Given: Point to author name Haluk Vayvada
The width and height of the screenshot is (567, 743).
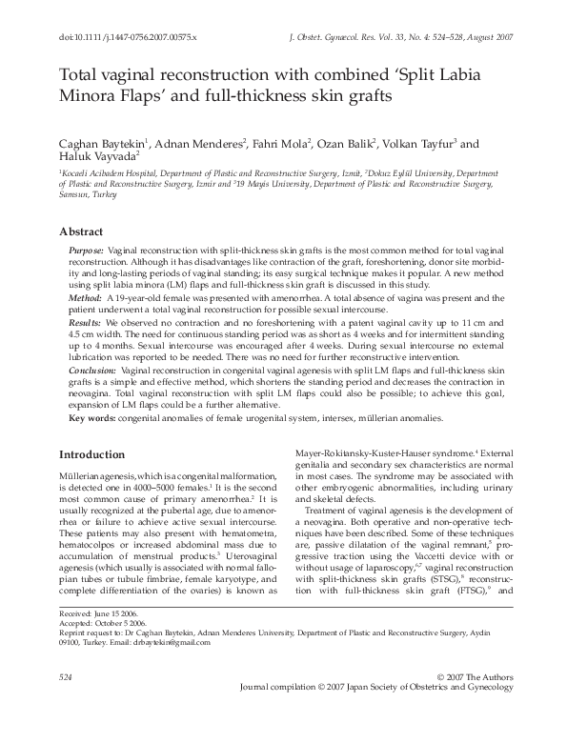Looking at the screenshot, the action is click(98, 157).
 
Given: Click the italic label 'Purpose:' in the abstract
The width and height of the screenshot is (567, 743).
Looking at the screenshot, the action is click(86, 249).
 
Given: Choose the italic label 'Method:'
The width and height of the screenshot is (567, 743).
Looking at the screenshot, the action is click(85, 298).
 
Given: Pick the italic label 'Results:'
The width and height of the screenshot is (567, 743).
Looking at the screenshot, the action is click(86, 324).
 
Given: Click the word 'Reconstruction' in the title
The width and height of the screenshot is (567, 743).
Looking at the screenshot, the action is click(207, 74).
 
